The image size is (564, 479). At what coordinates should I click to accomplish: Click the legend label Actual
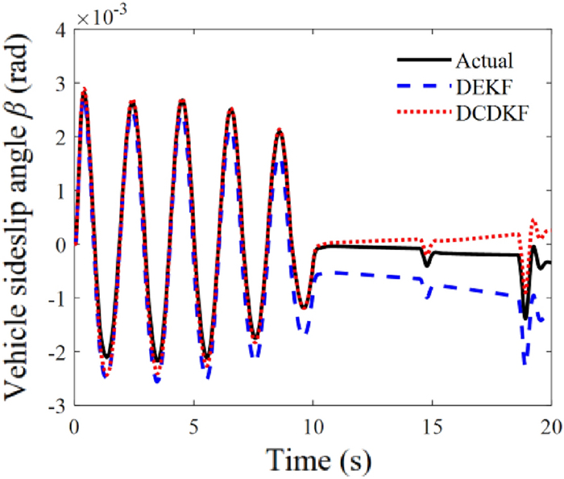coord(484,60)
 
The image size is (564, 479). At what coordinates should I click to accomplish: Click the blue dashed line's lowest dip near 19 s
coord(524,362)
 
